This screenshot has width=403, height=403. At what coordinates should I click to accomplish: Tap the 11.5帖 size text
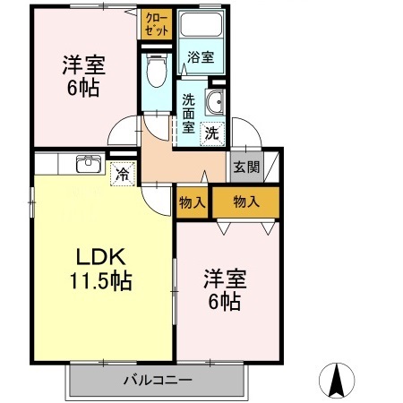click(99, 280)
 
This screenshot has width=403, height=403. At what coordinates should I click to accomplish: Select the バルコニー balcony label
click(158, 381)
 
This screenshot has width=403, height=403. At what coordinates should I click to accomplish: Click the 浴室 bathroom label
click(201, 57)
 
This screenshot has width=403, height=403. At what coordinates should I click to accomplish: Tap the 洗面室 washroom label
click(189, 113)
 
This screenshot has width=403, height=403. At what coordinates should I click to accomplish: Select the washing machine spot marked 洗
click(212, 133)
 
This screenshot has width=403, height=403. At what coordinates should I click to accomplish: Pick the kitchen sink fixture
click(88, 165)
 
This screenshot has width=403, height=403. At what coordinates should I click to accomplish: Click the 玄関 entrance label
click(245, 167)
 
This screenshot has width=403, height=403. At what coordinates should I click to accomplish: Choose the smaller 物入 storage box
click(193, 201)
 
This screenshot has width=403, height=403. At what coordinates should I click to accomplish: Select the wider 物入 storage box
click(245, 201)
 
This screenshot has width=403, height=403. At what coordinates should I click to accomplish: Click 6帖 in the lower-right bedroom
click(225, 302)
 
